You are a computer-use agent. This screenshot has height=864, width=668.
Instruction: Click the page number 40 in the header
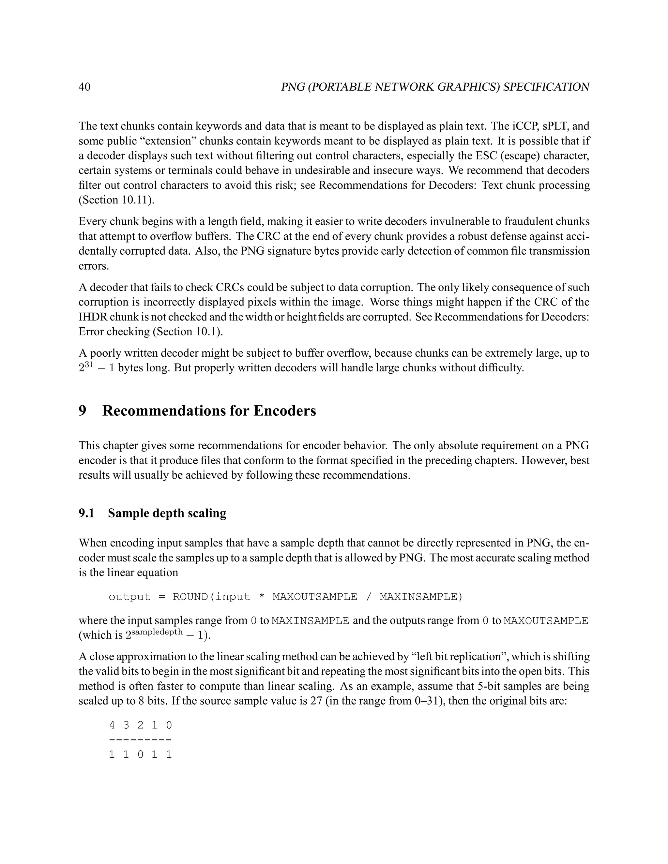tap(85, 87)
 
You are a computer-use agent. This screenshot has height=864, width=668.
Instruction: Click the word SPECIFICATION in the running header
tap(546, 87)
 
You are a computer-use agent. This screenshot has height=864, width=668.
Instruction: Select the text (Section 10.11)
tap(116, 200)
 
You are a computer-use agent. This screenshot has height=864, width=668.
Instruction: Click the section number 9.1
tap(86, 514)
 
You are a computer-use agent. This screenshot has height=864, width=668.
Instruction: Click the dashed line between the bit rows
tap(141, 740)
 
